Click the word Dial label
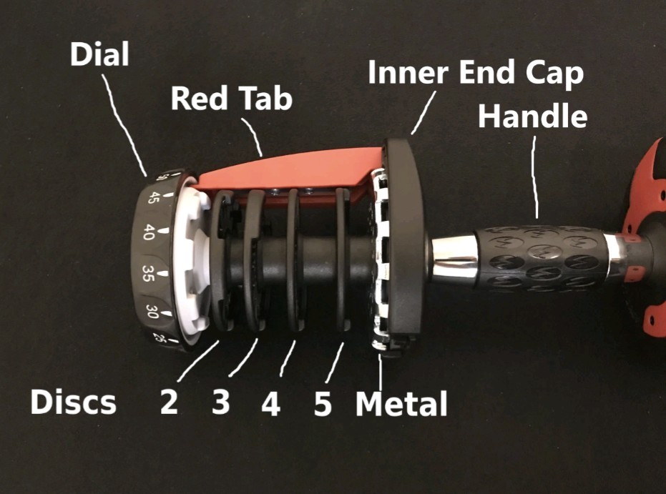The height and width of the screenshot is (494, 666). (x=99, y=54)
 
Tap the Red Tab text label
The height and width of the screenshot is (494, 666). (x=231, y=99)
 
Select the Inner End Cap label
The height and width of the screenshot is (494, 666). (x=475, y=74)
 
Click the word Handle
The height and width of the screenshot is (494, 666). (x=532, y=116)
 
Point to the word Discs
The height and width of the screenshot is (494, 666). (x=73, y=402)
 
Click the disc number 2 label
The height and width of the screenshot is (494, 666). (x=169, y=402)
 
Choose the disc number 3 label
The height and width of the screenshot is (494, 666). (x=220, y=402)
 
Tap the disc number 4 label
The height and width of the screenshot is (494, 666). (x=270, y=404)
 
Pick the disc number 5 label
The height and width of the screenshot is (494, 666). (x=323, y=404)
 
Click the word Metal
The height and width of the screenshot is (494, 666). (x=401, y=404)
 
